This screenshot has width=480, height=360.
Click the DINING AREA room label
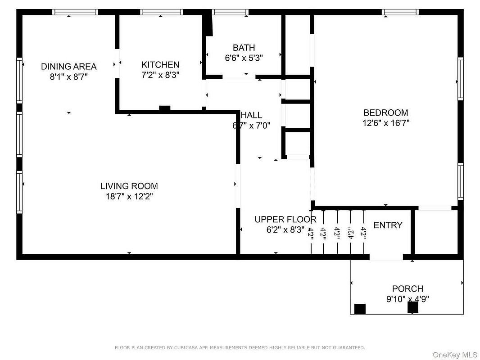[x=68, y=67]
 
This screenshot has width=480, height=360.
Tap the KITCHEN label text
[x=160, y=65]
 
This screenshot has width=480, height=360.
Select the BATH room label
[x=244, y=48]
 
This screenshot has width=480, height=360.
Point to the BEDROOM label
[x=385, y=112]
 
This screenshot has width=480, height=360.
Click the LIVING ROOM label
[x=129, y=186]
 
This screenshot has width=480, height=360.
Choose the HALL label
[x=252, y=116]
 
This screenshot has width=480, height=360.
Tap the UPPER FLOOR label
[x=285, y=220]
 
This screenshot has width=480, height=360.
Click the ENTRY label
[x=388, y=225]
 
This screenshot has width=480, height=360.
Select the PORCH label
[x=407, y=289]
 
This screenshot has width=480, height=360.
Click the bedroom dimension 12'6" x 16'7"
[x=385, y=123]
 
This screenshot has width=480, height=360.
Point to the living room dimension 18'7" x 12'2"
[x=129, y=196]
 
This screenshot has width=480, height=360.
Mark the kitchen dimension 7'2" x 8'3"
[x=160, y=75]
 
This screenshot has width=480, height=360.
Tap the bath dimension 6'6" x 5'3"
[x=244, y=58]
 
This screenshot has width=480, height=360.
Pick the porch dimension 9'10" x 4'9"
[x=407, y=299]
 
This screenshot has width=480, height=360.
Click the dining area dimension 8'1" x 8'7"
[x=68, y=77]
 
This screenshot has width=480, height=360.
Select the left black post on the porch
[x=360, y=309]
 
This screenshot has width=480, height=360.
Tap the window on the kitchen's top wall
[x=161, y=12]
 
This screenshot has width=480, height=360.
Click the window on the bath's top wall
[x=230, y=12]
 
